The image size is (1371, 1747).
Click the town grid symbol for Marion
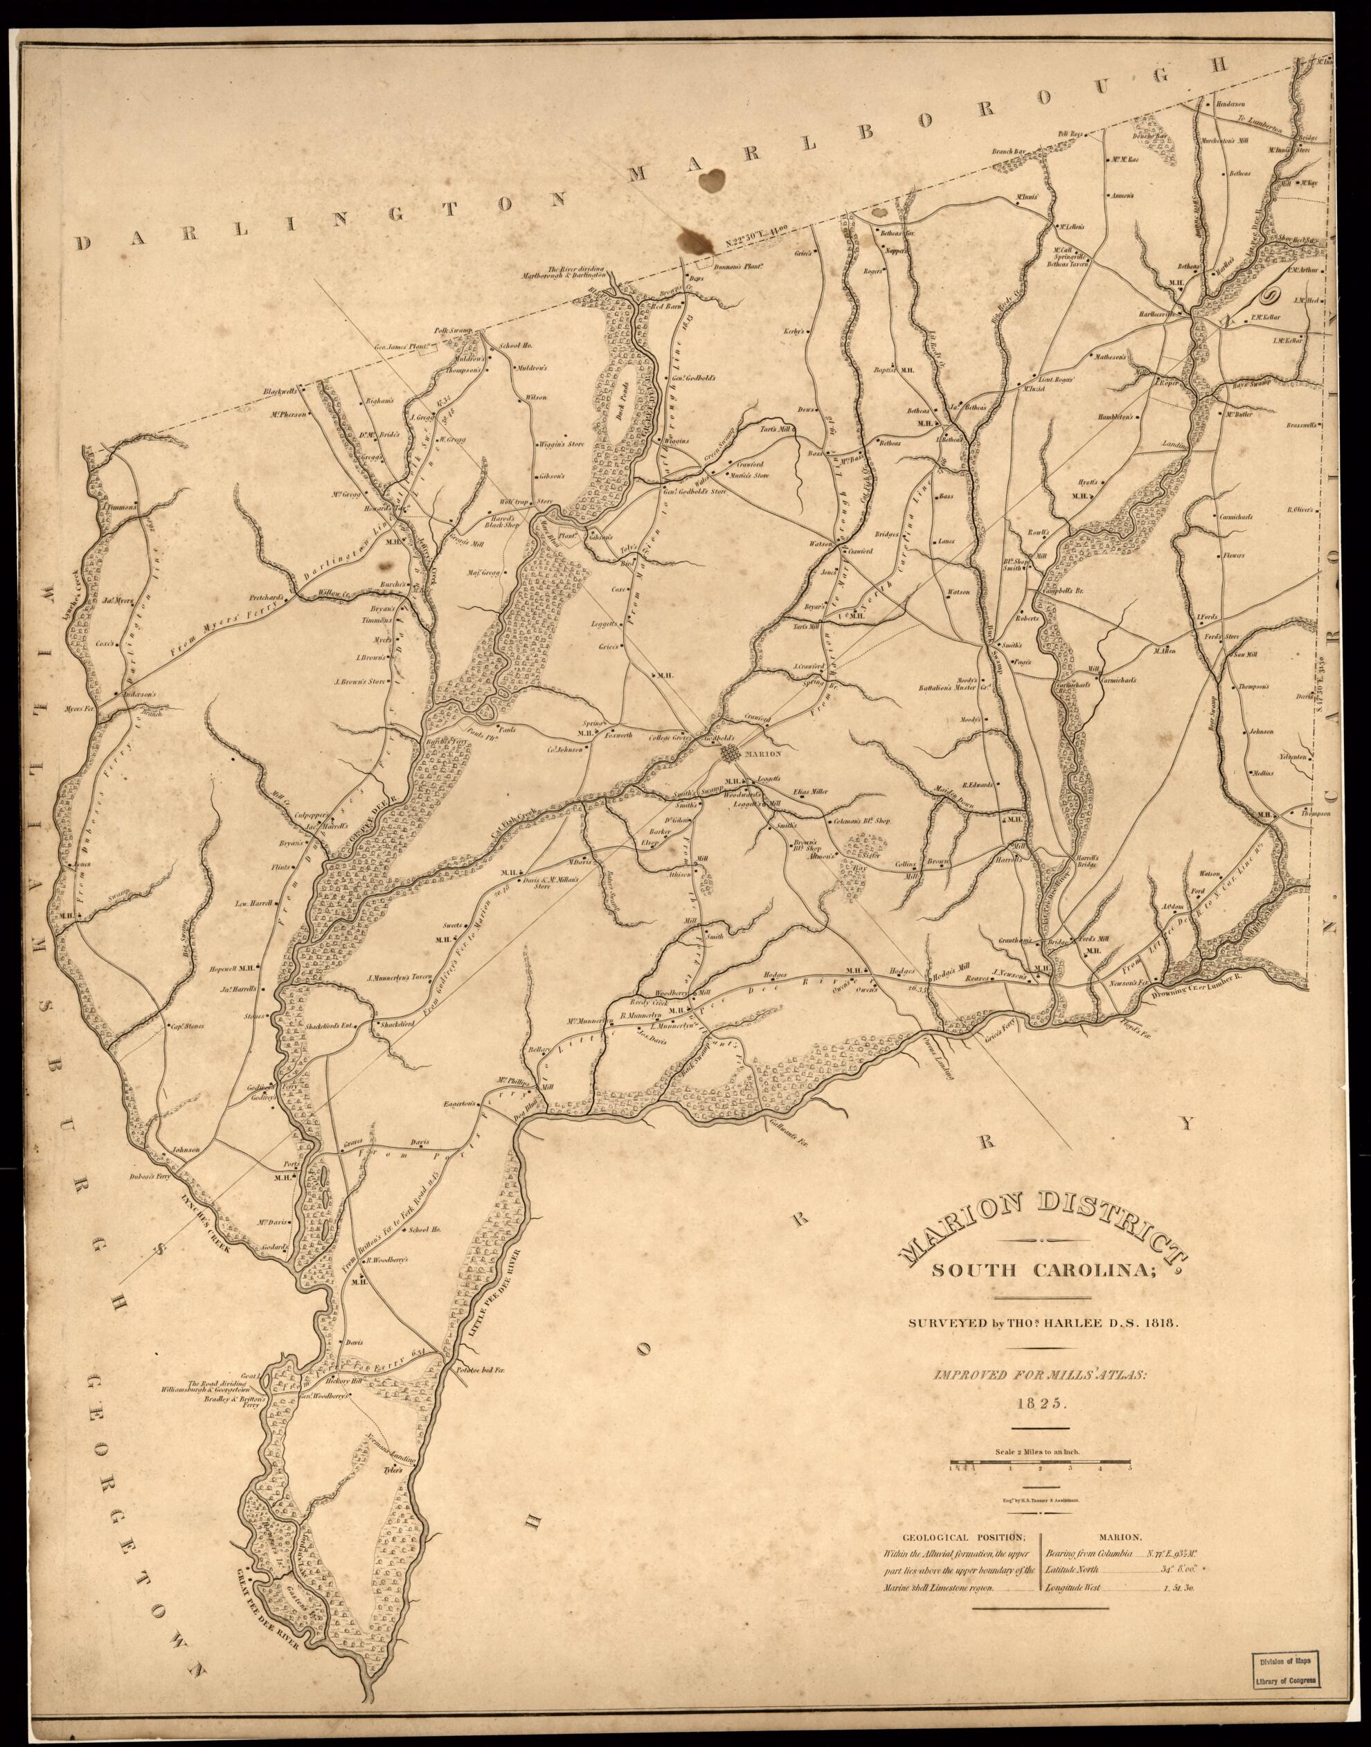pos(731,754)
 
